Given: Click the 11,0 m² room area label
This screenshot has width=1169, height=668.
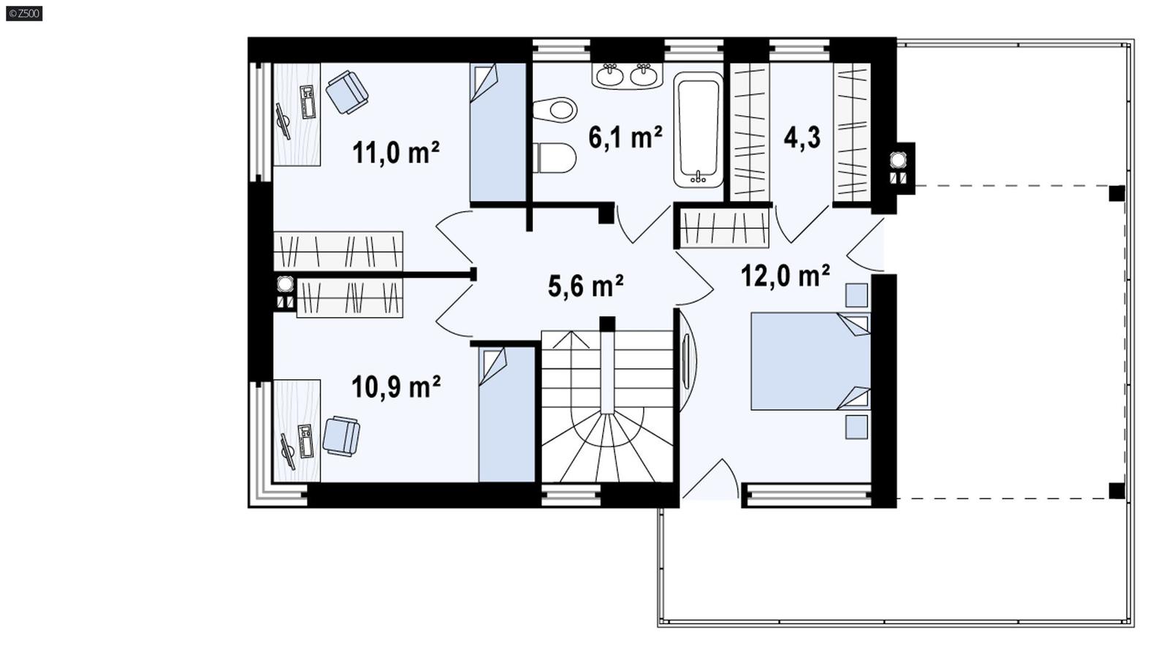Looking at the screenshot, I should [395, 153].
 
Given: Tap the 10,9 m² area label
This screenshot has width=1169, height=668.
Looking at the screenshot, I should [395, 387].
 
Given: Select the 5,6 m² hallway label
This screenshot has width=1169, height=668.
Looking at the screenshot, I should [585, 286].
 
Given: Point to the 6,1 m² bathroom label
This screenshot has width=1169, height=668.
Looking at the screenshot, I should [625, 137].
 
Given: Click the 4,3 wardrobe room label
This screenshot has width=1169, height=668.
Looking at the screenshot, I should [801, 137].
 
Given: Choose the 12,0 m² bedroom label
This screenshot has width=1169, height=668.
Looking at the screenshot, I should [785, 276].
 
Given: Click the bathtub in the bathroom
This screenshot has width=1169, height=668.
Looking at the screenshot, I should [698, 129].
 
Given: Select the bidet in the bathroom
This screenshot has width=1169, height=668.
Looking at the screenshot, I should [556, 110].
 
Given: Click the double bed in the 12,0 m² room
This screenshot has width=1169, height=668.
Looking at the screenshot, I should [807, 361].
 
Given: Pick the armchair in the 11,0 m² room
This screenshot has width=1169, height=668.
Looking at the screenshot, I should [346, 91].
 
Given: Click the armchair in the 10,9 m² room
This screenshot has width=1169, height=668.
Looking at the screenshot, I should [341, 436].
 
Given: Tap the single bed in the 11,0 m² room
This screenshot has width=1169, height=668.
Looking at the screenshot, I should [498, 132].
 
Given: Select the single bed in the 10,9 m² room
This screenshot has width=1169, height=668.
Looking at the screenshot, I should [507, 414].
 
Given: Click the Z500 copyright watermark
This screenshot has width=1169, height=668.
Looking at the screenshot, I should [24, 13].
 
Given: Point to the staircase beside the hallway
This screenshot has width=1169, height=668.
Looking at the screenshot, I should [606, 409].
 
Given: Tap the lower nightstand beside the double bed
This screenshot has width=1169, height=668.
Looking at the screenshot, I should [856, 427].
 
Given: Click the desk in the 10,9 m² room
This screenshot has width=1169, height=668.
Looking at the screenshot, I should [297, 431].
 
